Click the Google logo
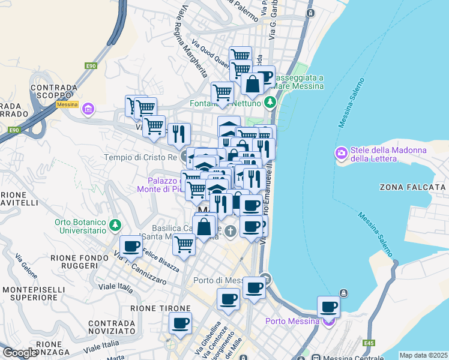click(x=19, y=353)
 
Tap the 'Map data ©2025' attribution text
click(x=423, y=355)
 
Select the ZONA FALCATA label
click(x=412, y=187)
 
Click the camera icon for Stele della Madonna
click(x=342, y=154)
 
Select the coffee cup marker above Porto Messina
click(x=328, y=307)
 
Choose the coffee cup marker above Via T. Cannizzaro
click(x=131, y=245)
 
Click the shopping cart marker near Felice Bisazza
click(x=184, y=244)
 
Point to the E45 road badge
click(x=368, y=343)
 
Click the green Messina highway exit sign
click(x=67, y=104)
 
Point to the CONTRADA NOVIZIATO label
click(x=110, y=327)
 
